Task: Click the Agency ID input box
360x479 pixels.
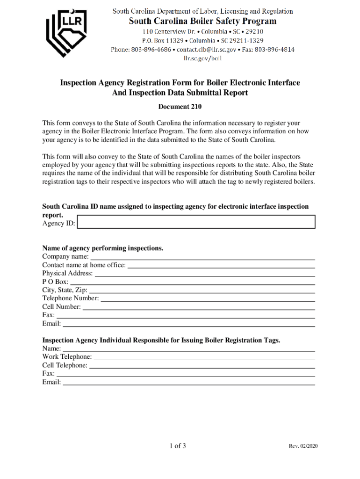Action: click(196, 222)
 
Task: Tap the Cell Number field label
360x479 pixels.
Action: click(61, 307)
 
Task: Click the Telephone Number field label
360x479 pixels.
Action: click(70, 298)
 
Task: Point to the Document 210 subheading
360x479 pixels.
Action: click(180, 107)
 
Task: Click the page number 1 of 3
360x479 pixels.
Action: click(178, 446)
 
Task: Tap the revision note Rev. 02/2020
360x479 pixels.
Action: click(303, 446)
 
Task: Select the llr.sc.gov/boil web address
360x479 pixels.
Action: click(202, 58)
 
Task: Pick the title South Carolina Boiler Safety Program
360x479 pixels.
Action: click(202, 21)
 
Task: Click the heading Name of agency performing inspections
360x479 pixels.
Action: click(103, 248)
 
